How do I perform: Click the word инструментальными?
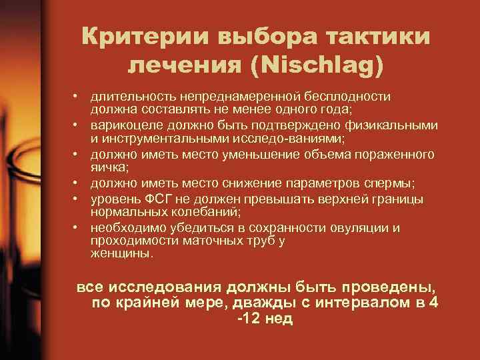(x=158, y=139)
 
